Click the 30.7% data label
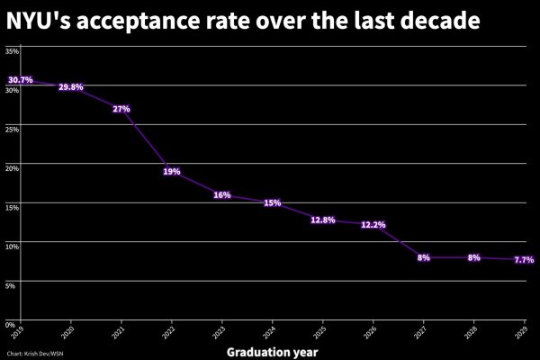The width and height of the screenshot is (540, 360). tap(20, 80)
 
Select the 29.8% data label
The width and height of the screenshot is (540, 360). tap(70, 87)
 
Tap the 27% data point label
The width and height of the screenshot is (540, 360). tap(121, 109)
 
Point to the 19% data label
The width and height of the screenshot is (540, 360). tap(172, 171)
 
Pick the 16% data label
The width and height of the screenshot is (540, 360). tap(222, 195)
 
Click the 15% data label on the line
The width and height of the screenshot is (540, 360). tap(273, 202)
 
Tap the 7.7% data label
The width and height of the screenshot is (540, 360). tap(524, 259)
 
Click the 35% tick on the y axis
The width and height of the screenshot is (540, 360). tap(13, 51)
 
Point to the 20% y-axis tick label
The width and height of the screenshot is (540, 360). tap(13, 167)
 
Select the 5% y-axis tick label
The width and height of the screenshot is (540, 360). tap(11, 284)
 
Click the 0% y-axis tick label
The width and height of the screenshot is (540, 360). tap(11, 323)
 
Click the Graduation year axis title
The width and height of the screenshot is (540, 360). tap(272, 351)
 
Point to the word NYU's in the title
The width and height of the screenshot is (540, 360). tap(41, 19)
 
